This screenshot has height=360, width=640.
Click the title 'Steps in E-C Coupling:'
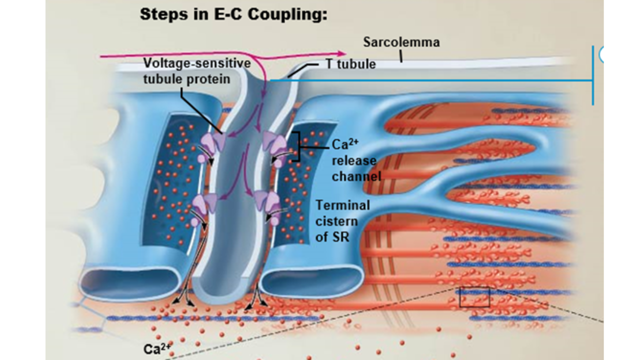coord(233,14)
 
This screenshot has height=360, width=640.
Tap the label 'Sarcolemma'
coord(401,42)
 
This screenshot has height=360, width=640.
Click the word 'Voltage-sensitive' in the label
coord(197,63)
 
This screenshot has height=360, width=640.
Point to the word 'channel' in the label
coord(356,176)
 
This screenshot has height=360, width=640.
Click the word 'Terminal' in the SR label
coord(343,205)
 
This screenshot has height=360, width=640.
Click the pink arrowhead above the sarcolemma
coord(342,53)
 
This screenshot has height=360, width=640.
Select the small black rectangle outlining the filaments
coord(474,297)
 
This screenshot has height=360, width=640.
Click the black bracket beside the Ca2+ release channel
coord(296,146)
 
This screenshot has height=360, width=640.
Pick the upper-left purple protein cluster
coord(212,145)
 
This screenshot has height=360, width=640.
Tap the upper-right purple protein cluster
coord(274,145)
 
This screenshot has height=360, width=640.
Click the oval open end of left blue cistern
coord(118,283)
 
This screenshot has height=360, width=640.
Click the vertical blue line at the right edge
coord(593,75)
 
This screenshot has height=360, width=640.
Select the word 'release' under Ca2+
coord(353,160)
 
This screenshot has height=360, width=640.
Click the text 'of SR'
coord(332,236)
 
